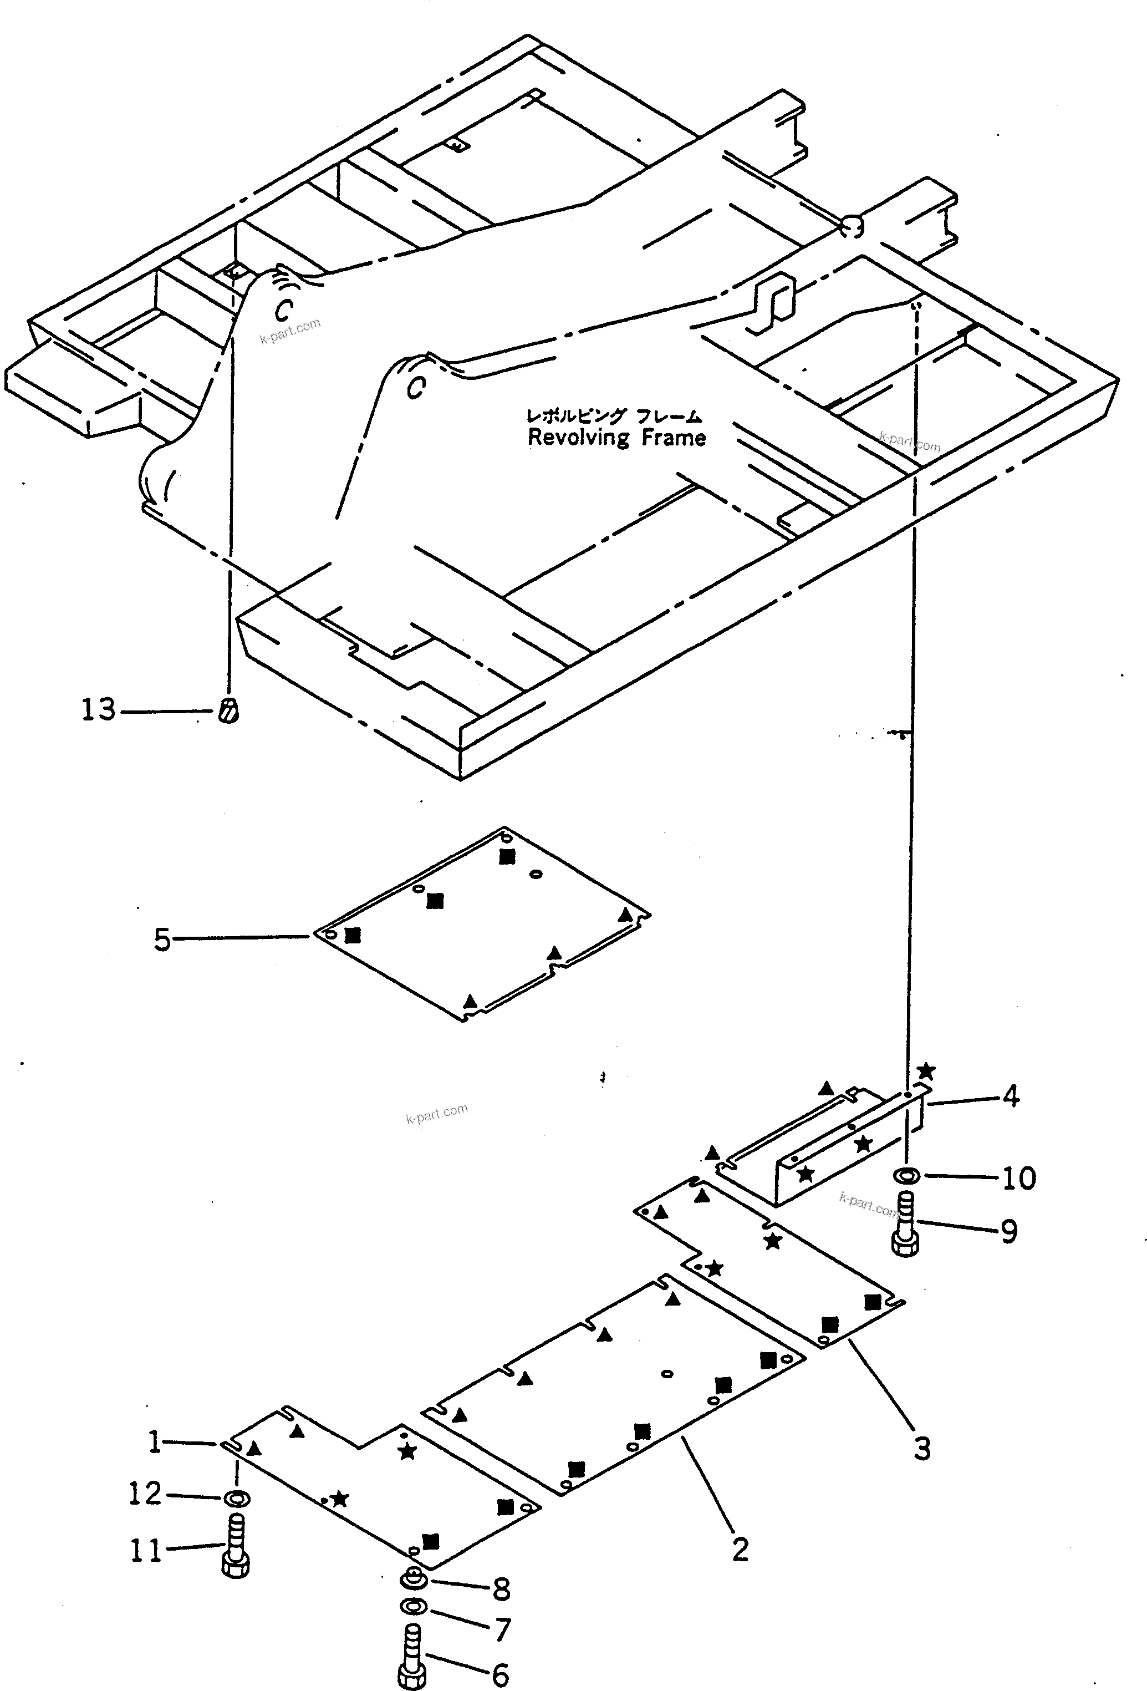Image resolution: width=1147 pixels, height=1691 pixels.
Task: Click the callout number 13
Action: [x=98, y=709]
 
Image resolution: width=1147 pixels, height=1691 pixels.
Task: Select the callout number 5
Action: [x=161, y=940]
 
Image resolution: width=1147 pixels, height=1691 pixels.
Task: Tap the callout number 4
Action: [x=1010, y=1095]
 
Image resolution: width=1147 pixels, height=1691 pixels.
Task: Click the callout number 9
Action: [x=1009, y=1232]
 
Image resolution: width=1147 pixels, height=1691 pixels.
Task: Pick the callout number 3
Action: [x=921, y=1449]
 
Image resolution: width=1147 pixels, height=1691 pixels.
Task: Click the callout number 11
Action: [x=145, y=1551]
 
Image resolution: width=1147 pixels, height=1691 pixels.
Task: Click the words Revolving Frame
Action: [x=616, y=438]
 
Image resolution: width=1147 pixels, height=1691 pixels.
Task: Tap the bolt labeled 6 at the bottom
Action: [x=411, y=1656]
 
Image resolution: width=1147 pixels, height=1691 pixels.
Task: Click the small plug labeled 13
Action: [x=228, y=710]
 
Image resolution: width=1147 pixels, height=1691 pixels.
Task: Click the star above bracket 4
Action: [x=925, y=1071]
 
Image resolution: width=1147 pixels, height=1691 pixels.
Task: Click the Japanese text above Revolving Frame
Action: [x=613, y=415]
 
